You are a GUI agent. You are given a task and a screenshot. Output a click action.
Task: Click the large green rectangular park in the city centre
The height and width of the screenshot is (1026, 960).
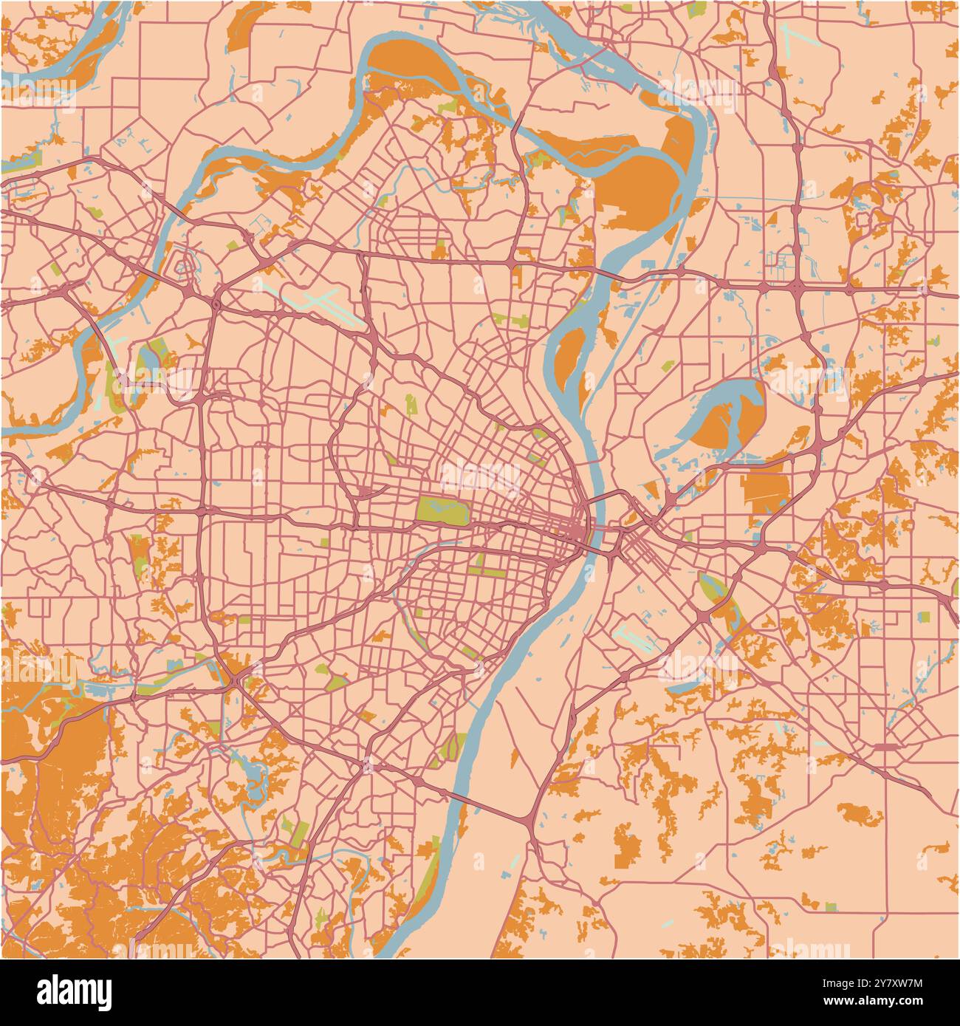point(442,510)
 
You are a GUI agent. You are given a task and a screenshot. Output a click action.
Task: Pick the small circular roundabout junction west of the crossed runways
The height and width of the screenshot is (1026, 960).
point(216,304)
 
